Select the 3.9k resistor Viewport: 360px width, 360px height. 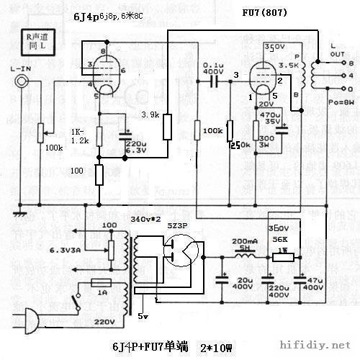[x=168, y=126]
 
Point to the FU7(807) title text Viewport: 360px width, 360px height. [x=266, y=12]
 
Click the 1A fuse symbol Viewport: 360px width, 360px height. [x=102, y=283]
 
